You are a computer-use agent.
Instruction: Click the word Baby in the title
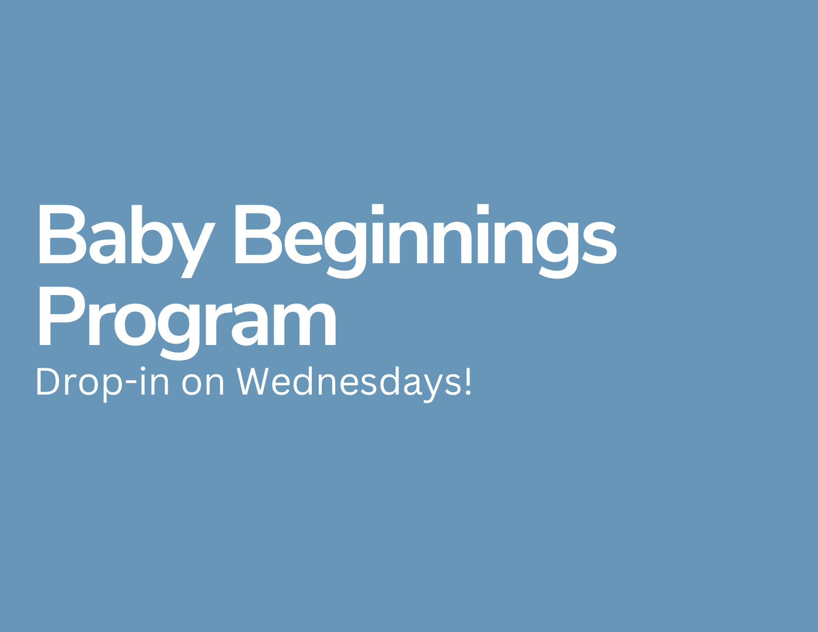(127, 241)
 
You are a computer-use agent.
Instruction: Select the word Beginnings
(426, 241)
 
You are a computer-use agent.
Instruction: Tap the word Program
(187, 323)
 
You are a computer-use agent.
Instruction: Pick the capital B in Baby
(63, 234)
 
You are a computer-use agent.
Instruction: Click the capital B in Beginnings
(259, 234)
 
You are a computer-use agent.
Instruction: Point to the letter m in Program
(305, 324)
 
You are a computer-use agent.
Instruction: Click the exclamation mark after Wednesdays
(468, 381)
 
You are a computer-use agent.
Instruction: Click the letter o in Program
(135, 325)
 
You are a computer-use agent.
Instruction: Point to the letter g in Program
(178, 331)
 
